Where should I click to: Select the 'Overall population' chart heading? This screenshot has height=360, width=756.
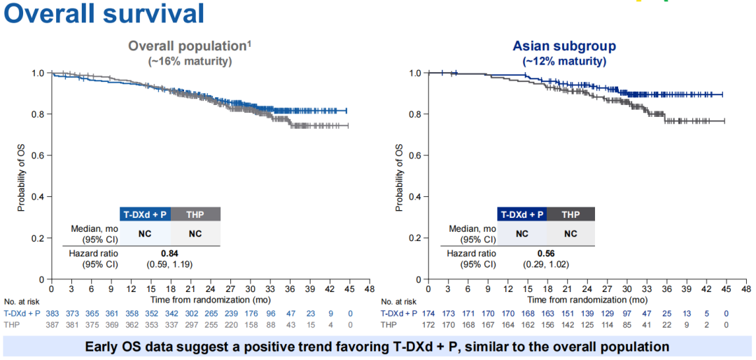click(188, 46)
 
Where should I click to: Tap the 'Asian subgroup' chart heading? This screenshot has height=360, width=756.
click(564, 46)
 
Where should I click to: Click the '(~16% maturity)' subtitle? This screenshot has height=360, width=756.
click(190, 61)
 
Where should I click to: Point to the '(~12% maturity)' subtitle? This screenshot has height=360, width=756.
click(564, 61)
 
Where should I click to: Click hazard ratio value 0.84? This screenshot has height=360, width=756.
click(170, 253)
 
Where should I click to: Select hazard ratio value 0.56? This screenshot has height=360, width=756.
click(547, 253)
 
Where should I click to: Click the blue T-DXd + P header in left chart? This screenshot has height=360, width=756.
click(144, 214)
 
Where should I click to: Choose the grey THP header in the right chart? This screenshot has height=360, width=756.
click(571, 214)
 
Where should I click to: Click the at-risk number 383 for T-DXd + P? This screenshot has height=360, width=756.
click(51, 314)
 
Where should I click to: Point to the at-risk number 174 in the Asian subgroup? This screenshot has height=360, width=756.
click(428, 314)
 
